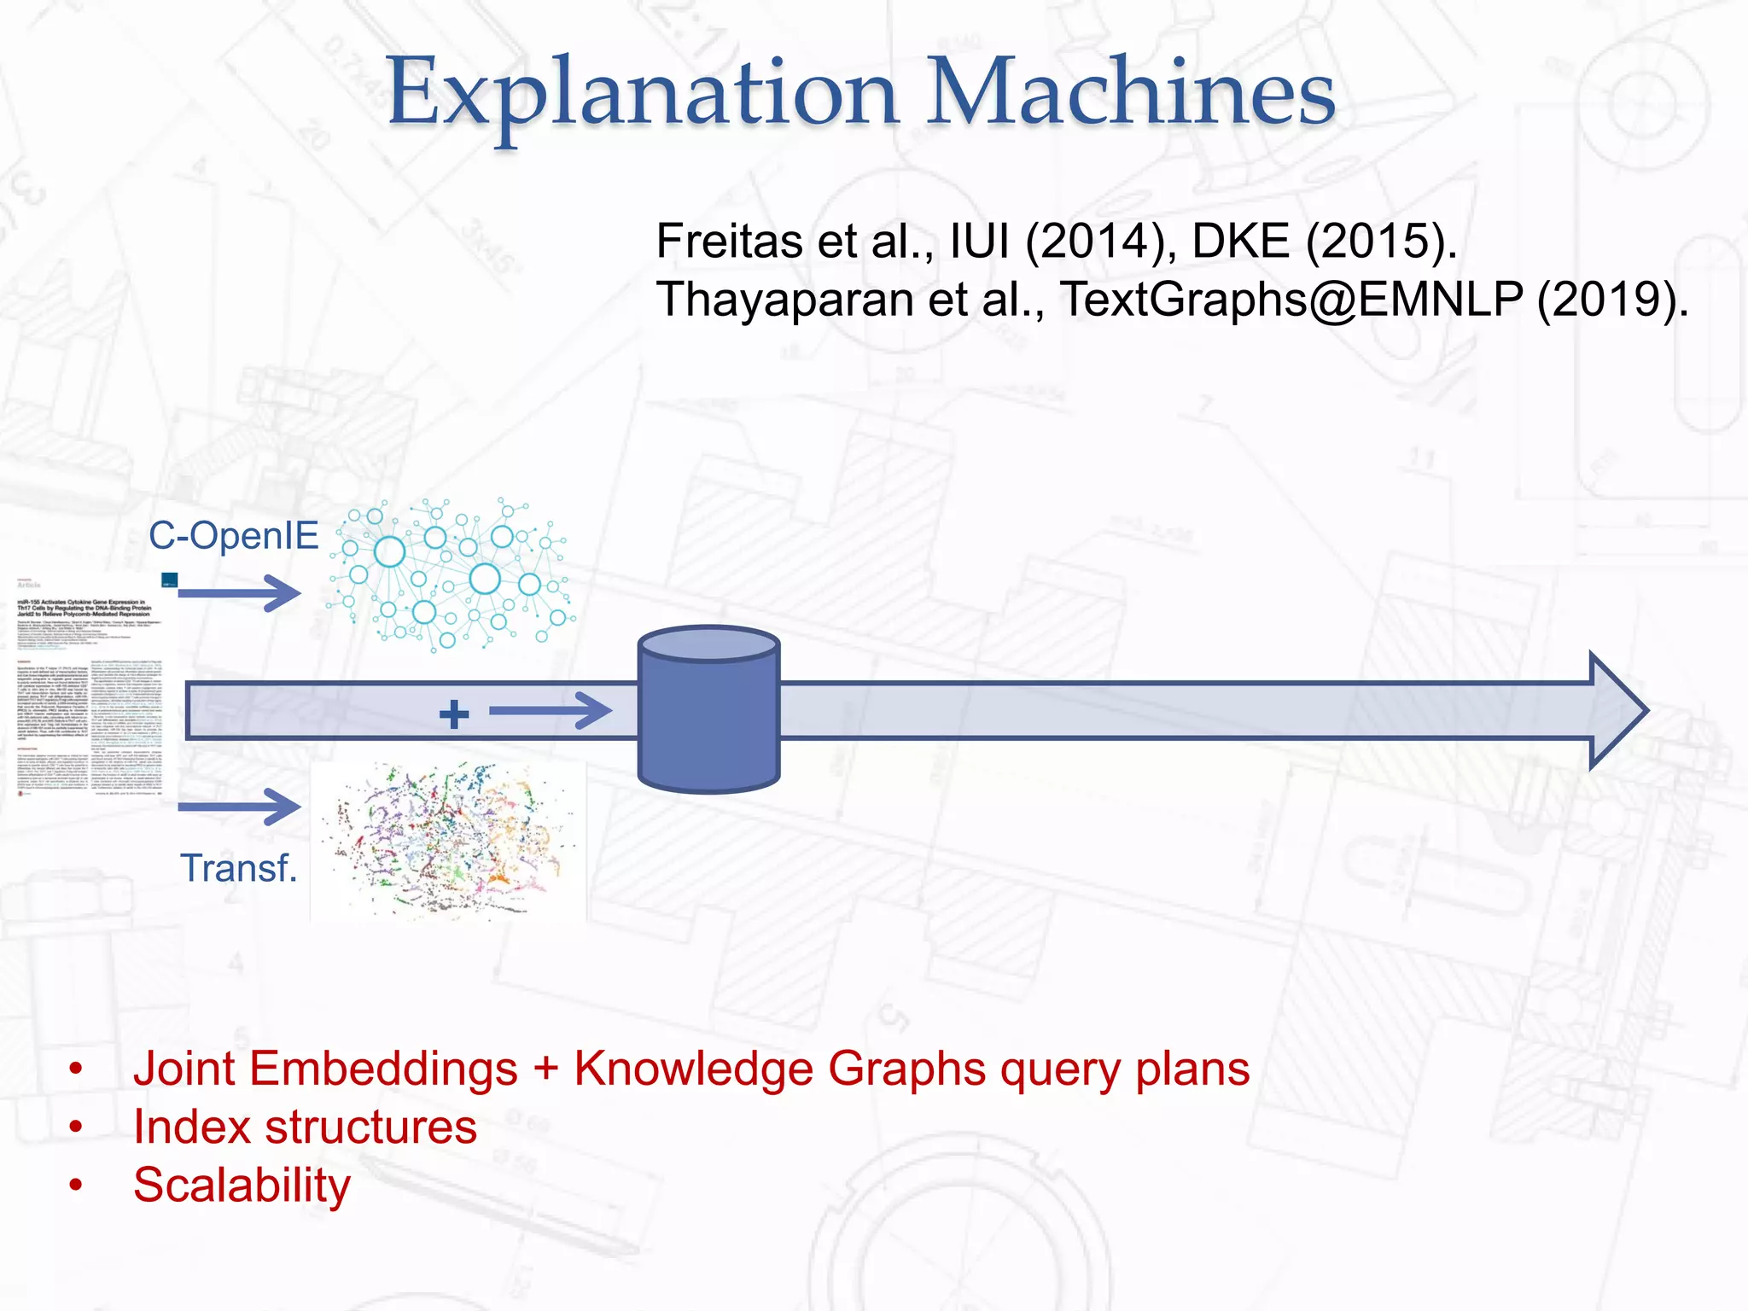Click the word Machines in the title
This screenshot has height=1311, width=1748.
pyautogui.click(x=1130, y=92)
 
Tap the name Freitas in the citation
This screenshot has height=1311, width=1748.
pyautogui.click(x=730, y=241)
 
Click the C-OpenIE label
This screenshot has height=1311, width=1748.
pyautogui.click(x=233, y=536)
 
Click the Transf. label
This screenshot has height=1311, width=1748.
pyautogui.click(x=238, y=868)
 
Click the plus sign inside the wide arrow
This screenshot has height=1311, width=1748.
pyautogui.click(x=454, y=714)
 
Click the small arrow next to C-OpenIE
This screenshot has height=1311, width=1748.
pyautogui.click(x=240, y=592)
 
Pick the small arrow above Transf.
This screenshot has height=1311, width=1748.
pyautogui.click(x=240, y=807)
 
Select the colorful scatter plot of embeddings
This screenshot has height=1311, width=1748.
pyautogui.click(x=448, y=841)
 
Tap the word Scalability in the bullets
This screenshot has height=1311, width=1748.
pyautogui.click(x=242, y=1186)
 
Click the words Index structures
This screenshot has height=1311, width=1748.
pyautogui.click(x=305, y=1127)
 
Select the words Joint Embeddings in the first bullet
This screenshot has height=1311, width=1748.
pyautogui.click(x=325, y=1069)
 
